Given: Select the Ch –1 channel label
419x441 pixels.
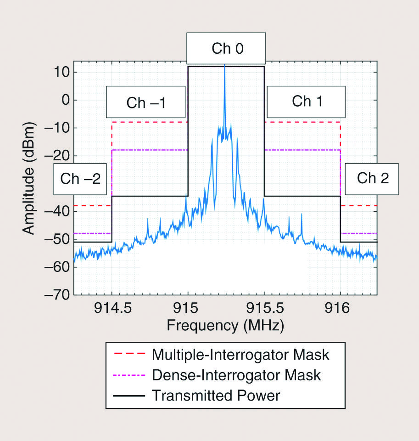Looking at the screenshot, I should coord(146,102).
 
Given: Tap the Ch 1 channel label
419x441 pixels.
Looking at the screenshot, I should coord(307,102).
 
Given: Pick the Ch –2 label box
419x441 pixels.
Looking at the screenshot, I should coord(80,178).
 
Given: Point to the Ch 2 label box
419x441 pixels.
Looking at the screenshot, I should coord(373,178).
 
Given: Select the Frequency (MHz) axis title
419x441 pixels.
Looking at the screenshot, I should coord(225,326).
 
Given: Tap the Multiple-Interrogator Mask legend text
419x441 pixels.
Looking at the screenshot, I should coord(240,355).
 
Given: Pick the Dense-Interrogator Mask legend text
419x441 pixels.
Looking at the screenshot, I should coord(236,375).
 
